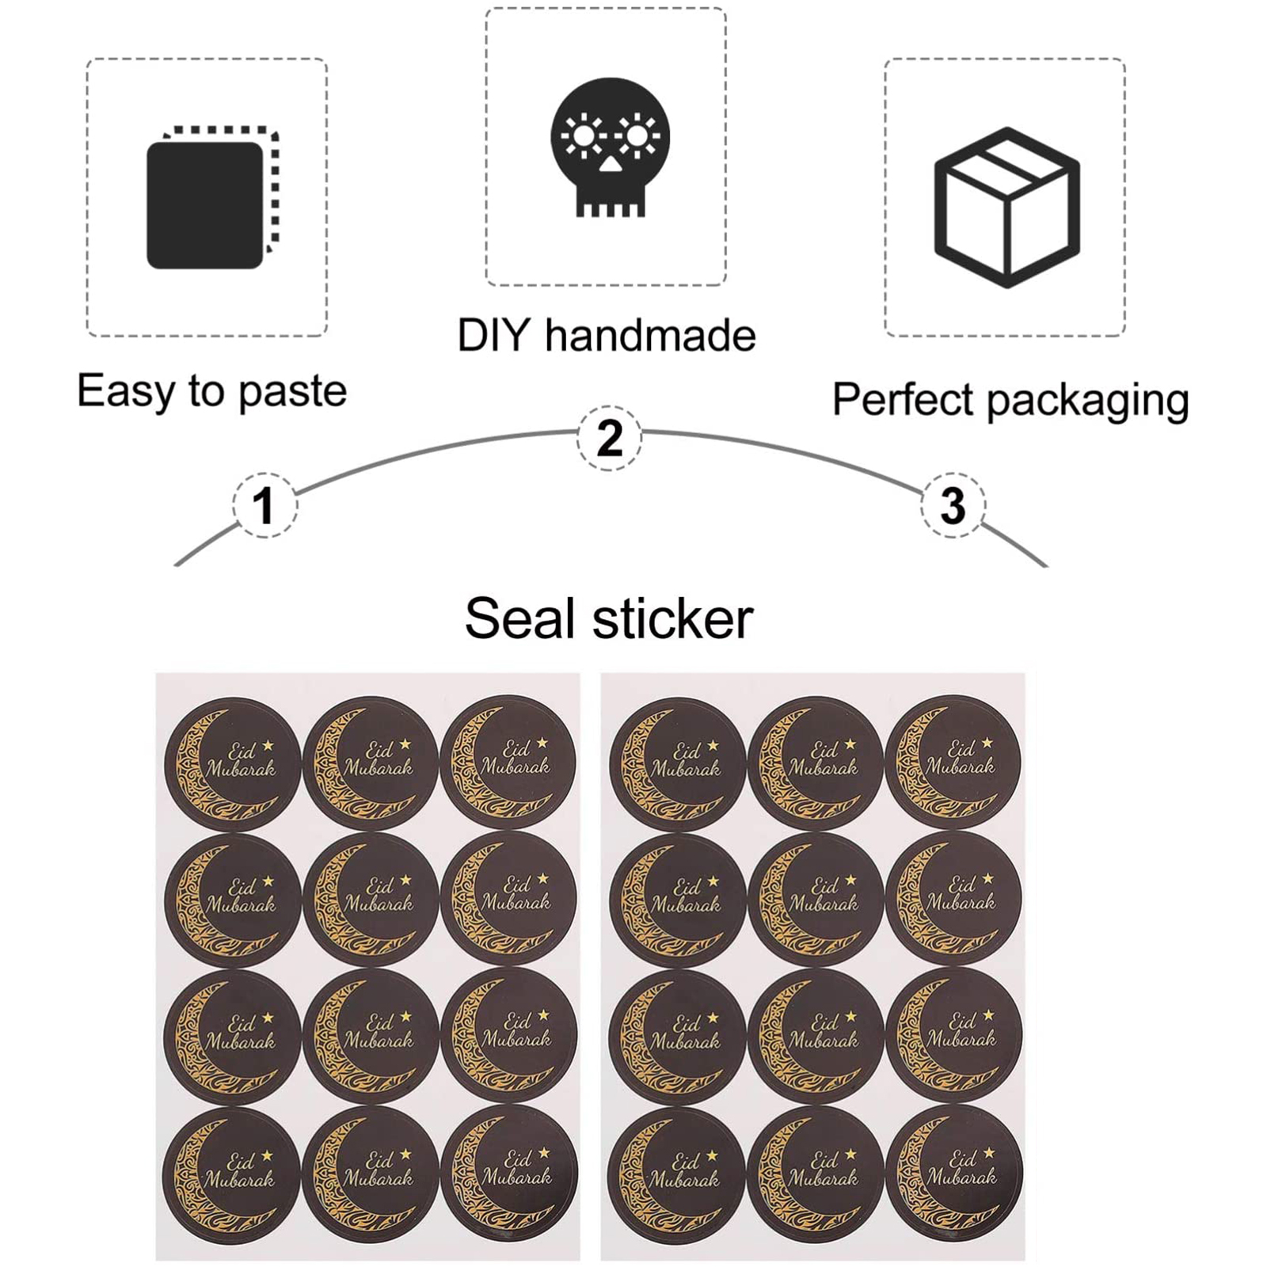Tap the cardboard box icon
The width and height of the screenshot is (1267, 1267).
pos(1006,207)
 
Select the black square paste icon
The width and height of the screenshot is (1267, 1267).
pos(205,205)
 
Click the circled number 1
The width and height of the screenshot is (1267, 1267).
pos(264,505)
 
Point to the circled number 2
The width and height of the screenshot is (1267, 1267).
pos(609,437)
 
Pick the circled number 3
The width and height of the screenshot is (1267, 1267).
pos(953,505)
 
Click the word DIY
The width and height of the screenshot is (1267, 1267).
pos(493,335)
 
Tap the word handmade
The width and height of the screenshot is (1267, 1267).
pos(650,335)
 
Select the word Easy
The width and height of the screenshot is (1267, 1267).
pos(126,391)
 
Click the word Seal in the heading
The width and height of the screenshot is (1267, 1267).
pos(519,618)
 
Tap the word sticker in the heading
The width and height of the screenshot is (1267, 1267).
pos(673,618)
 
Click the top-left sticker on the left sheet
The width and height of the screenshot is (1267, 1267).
pos(233,763)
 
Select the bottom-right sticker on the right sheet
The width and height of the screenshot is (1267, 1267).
pos(954,1174)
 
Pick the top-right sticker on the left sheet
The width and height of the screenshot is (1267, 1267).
pos(508,762)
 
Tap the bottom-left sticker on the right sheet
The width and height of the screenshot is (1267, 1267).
pos(678,1174)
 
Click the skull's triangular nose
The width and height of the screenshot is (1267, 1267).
pos(610,165)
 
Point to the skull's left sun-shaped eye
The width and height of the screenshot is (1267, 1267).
pos(584,136)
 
